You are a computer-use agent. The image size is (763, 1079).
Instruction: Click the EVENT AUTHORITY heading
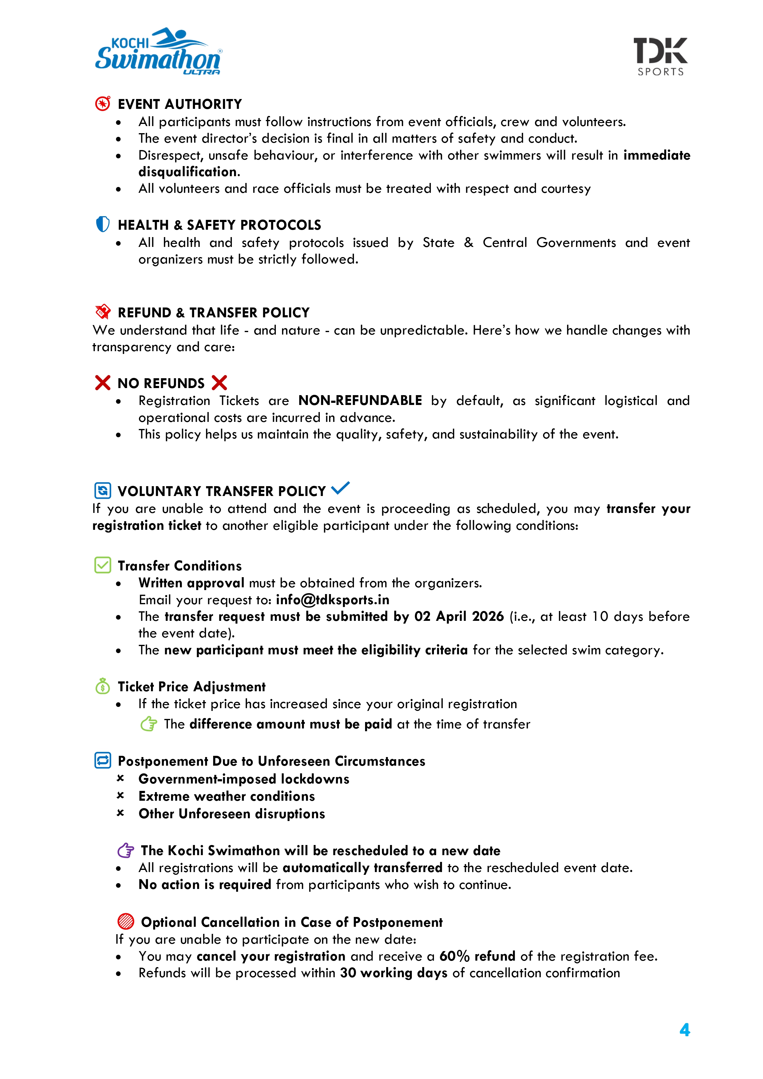coord(180,104)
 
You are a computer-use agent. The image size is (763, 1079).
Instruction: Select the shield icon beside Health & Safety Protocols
coord(102,224)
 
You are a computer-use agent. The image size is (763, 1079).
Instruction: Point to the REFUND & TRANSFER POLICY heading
coord(213,312)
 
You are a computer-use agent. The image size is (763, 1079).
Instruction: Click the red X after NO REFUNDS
coord(219,383)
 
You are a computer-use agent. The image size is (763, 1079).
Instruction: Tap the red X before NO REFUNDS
coord(102,383)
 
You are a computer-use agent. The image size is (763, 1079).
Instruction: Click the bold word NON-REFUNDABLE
coord(360,400)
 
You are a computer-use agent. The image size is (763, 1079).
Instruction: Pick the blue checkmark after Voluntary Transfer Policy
coord(340,488)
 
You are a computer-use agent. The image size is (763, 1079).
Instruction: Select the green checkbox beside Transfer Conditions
coord(102,565)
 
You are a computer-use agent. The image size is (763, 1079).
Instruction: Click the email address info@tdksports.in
coord(332,600)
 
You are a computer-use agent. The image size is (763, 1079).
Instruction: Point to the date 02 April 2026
coord(459,616)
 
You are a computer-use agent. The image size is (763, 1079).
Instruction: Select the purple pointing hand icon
coord(125,850)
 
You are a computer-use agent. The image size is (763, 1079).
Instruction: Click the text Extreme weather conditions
coord(227,796)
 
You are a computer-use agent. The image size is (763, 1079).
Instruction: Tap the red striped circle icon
coord(125,922)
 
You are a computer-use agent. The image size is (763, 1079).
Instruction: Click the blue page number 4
coord(685,1030)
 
